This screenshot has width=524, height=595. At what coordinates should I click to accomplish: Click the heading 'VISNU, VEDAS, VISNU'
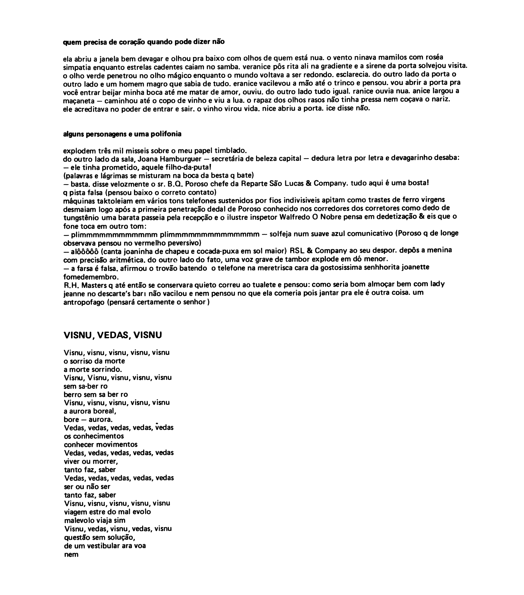coord(112,335)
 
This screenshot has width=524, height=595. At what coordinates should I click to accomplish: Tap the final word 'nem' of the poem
coord(71,555)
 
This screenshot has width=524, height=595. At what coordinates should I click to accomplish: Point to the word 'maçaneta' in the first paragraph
coord(79,101)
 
